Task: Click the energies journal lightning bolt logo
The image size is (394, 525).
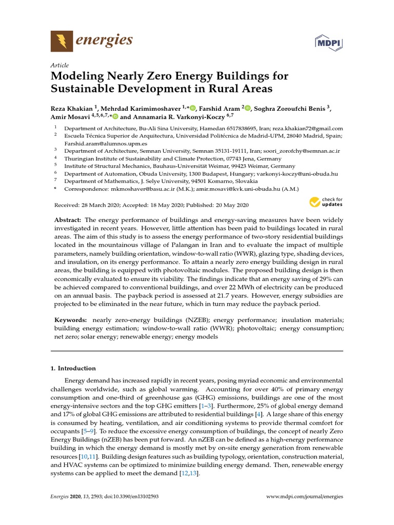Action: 62,41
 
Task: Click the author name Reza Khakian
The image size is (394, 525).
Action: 72,108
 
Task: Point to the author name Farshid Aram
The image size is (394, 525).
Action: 220,108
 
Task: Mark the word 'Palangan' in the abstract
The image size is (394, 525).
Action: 204,246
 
